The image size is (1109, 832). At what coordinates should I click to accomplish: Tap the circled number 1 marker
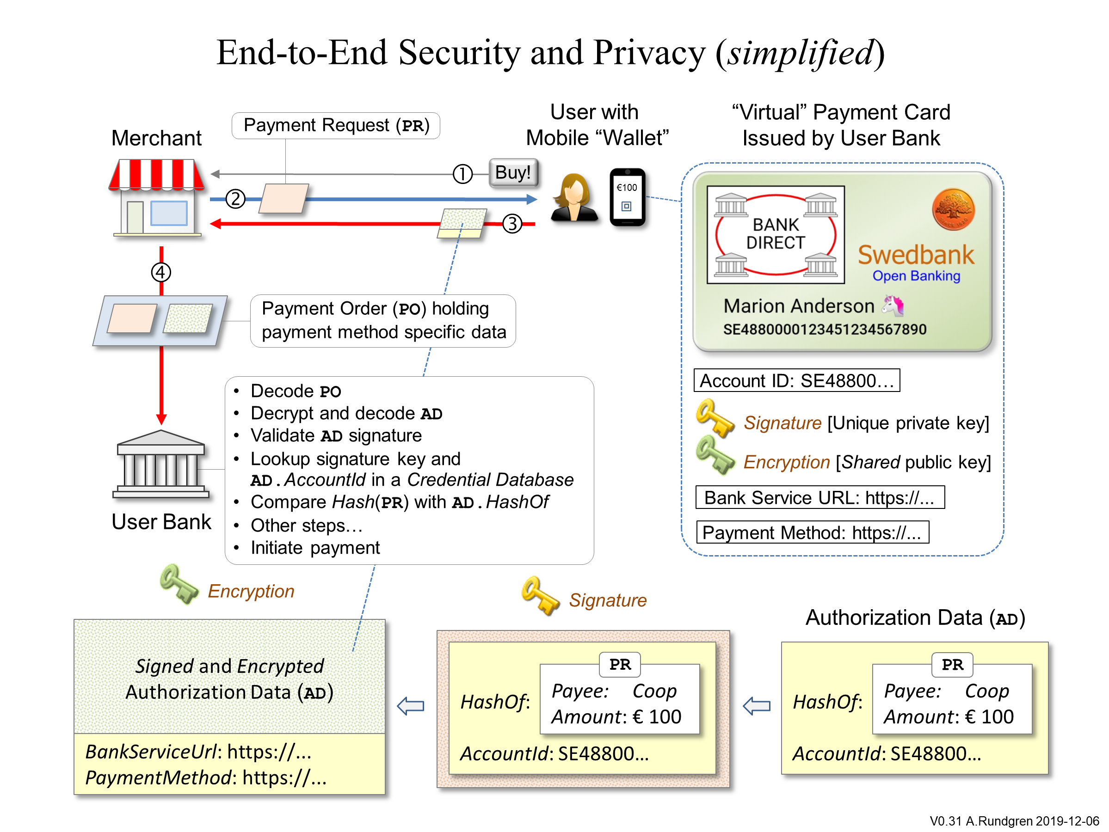[x=462, y=174]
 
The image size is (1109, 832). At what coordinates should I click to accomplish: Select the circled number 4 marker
[x=161, y=272]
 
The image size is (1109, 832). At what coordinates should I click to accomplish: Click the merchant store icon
[x=157, y=198]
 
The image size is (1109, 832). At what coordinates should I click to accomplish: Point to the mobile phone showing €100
[x=627, y=197]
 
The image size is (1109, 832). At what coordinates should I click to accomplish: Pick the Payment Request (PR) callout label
[x=336, y=125]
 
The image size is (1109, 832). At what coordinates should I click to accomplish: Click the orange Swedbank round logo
[x=953, y=209]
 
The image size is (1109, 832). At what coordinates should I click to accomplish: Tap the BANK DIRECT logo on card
[x=775, y=234]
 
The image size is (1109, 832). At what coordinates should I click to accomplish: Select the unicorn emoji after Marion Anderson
[x=893, y=306]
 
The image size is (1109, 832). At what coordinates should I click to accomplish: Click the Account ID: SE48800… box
[x=796, y=380]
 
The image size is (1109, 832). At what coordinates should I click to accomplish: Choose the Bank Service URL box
[x=819, y=497]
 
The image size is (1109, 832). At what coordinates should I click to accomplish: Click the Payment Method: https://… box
[x=812, y=532]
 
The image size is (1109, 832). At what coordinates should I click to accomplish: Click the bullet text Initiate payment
[x=315, y=548]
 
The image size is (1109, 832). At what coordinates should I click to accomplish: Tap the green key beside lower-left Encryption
[x=179, y=584]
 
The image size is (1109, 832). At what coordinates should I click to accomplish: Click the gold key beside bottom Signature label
[x=540, y=595]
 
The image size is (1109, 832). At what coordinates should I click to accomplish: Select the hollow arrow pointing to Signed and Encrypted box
[x=411, y=706]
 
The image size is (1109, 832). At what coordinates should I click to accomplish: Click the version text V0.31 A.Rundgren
[x=1014, y=821]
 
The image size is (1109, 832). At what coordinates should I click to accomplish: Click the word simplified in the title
[x=800, y=53]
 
